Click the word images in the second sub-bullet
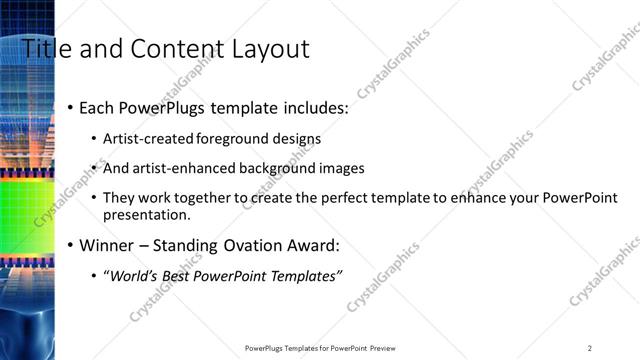click(343, 168)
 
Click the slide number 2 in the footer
click(589, 348)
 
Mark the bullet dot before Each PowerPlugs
click(70, 108)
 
